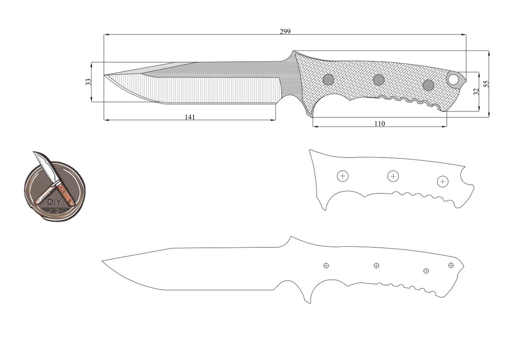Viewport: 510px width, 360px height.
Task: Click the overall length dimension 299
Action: pyautogui.click(x=285, y=32)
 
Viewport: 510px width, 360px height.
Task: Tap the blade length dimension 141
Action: pyautogui.click(x=189, y=117)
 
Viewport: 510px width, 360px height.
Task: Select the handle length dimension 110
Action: pyautogui.click(x=380, y=124)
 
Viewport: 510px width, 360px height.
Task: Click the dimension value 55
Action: pyautogui.click(x=486, y=84)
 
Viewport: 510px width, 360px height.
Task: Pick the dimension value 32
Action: pyautogui.click(x=476, y=91)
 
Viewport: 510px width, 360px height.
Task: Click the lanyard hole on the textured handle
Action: pyautogui.click(x=453, y=79)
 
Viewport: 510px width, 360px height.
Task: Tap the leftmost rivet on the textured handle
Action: pyautogui.click(x=328, y=79)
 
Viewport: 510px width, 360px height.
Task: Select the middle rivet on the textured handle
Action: pyautogui.click(x=379, y=80)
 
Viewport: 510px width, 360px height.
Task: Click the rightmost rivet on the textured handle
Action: pyautogui.click(x=428, y=85)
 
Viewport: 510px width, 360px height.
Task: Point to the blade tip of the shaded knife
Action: pyautogui.click(x=105, y=75)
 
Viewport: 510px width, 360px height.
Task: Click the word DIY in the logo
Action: pyautogui.click(x=52, y=201)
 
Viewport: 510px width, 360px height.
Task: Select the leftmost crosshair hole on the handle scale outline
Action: pyautogui.click(x=343, y=176)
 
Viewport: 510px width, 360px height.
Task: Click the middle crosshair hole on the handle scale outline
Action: pyautogui.click(x=393, y=176)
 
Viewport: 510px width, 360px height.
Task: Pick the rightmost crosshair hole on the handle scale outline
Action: pyautogui.click(x=442, y=181)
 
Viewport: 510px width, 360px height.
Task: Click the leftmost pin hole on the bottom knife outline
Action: pyautogui.click(x=326, y=266)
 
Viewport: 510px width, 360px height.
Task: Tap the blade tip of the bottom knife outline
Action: pyautogui.click(x=103, y=260)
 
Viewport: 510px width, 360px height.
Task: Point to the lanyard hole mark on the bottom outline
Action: pyautogui.click(x=451, y=265)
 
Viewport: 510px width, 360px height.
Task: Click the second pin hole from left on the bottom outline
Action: pyautogui.click(x=376, y=266)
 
